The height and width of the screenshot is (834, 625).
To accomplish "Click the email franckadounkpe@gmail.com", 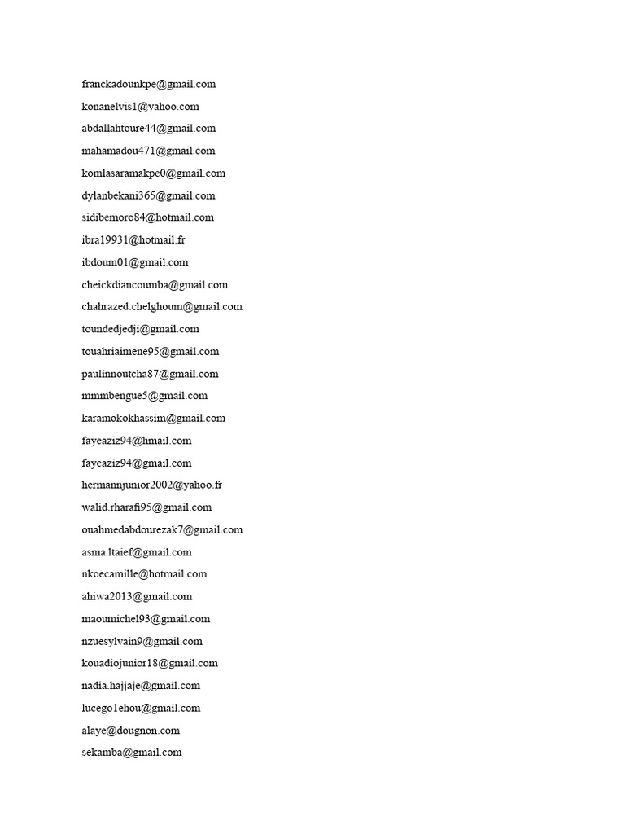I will point(149,84).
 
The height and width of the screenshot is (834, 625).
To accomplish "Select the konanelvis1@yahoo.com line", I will point(140,106).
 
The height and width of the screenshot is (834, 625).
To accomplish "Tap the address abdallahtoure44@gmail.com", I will point(149,129).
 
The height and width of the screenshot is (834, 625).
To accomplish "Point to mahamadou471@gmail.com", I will point(149,151).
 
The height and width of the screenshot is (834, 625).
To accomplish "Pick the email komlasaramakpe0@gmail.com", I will point(154,173).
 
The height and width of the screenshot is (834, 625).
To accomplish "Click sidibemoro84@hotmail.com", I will point(148,217).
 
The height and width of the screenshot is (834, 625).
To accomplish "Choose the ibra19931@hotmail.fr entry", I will point(133,240).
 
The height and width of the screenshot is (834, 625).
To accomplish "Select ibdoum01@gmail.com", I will point(135,262).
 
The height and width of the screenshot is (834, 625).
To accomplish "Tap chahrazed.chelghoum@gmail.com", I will point(162,307).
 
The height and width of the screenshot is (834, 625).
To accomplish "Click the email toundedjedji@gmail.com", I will point(141,329).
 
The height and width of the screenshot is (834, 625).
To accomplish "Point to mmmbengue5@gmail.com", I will point(145,396).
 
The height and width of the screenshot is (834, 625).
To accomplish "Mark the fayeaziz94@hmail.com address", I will point(137,441).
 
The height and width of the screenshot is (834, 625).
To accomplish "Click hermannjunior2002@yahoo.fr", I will point(152,485).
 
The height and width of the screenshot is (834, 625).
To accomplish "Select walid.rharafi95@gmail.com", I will point(146,507).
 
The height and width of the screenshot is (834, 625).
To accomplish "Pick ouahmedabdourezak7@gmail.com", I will point(162,529).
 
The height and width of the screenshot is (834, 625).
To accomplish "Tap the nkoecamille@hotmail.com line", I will point(145,574).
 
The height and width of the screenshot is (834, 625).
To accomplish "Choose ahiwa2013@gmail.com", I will point(137,596).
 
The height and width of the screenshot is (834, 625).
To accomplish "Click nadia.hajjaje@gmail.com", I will point(141,686).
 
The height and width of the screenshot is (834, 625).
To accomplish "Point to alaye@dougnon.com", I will point(131,730).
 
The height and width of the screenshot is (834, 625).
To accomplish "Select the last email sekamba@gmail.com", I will point(132,753).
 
